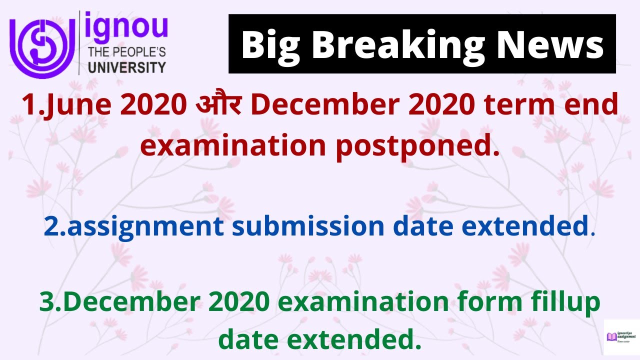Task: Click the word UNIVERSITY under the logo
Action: tap(126, 67)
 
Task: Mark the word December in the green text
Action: tap(137, 303)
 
